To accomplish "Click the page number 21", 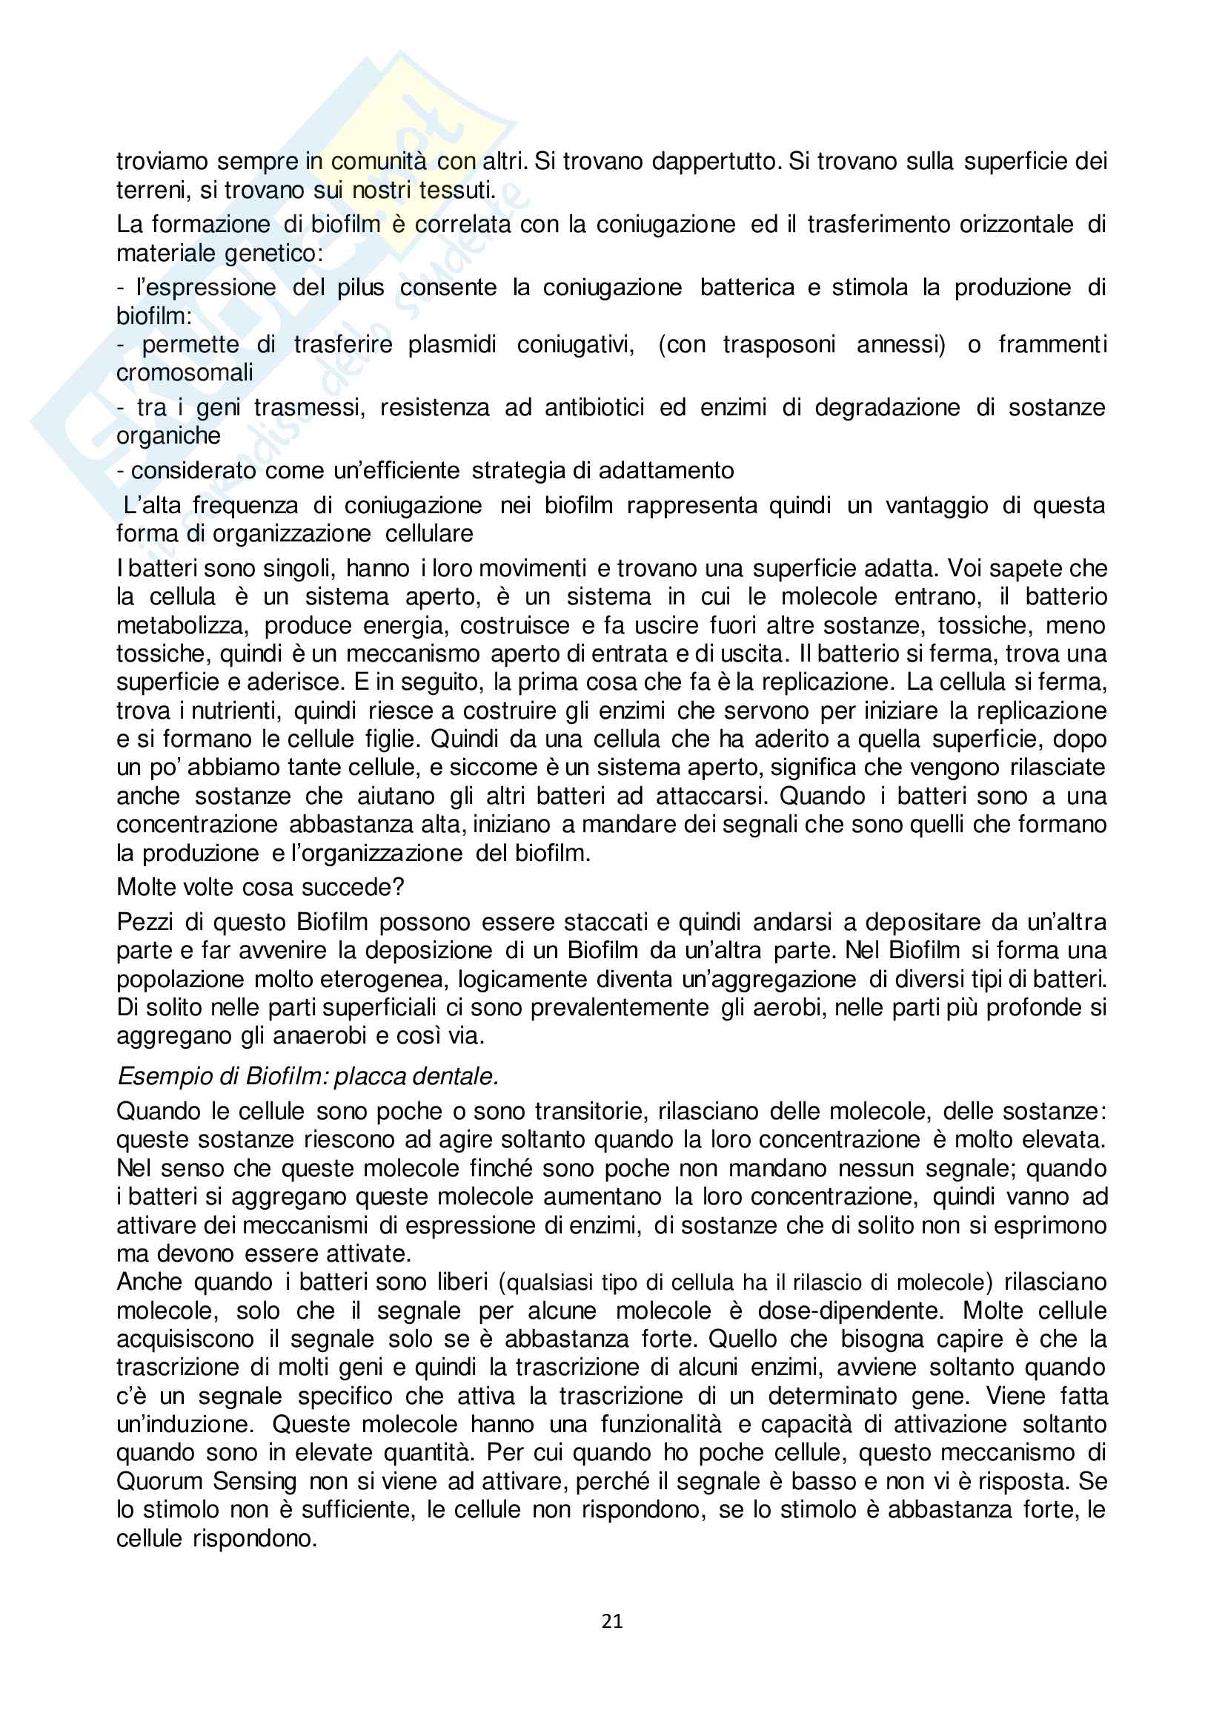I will coord(612,1621).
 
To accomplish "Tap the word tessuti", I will coord(456,190).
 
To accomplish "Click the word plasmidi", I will coord(452,344).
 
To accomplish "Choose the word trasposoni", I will coord(779,344).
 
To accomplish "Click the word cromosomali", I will coord(185,372).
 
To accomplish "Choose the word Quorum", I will coord(159,1481).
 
